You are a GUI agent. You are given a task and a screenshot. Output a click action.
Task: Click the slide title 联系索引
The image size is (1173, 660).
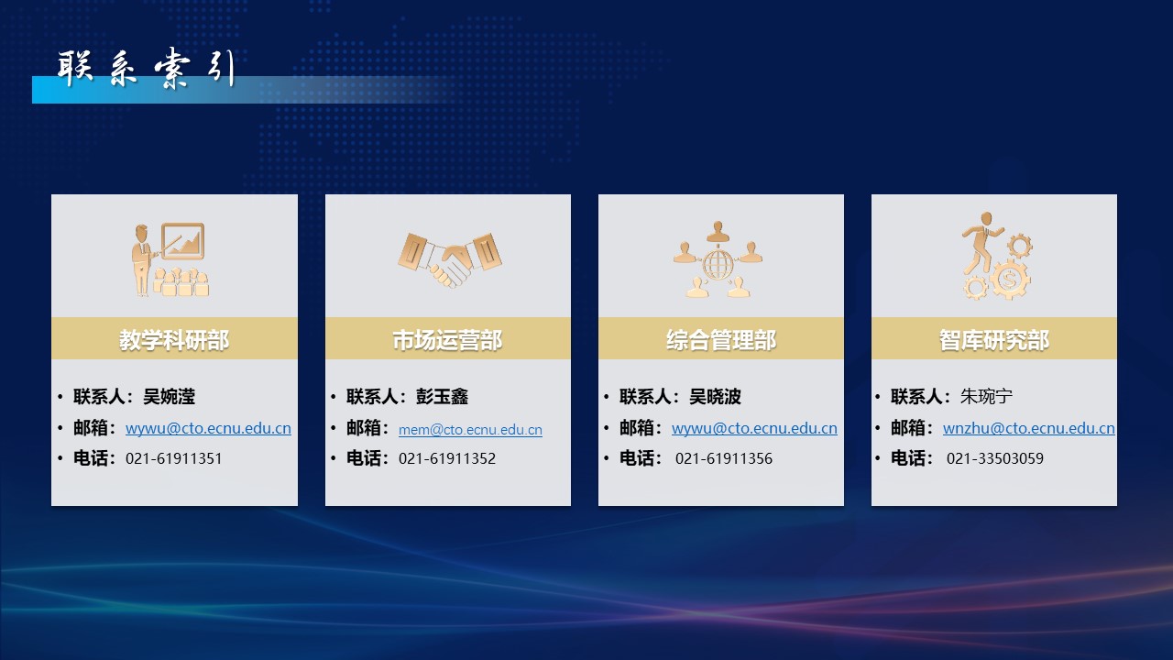tap(146, 68)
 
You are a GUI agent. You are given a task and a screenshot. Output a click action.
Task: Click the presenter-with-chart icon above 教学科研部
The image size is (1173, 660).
tap(170, 259)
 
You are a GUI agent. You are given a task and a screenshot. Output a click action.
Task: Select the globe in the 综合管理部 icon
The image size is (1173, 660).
tap(718, 265)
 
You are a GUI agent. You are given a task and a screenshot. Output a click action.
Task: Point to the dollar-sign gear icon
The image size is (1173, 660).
tap(1009, 280)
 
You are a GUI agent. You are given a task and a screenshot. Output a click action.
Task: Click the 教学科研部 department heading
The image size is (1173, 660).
tap(174, 340)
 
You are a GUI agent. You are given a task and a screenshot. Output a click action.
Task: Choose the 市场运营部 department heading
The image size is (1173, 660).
tap(448, 340)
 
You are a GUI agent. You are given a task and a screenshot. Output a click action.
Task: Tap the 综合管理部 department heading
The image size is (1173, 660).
tap(721, 340)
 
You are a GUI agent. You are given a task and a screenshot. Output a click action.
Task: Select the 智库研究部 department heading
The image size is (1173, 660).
tap(994, 340)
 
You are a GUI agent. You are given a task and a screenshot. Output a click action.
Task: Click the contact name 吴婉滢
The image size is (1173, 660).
tap(170, 397)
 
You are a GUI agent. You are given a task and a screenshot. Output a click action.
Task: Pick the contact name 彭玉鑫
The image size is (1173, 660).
tap(442, 397)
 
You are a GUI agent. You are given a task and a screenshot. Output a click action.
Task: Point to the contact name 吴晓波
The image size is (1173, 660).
tap(716, 397)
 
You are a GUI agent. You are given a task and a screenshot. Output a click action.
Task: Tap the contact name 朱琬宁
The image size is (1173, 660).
tap(987, 397)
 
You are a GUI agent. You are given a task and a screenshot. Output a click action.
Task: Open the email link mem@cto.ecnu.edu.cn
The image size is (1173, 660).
tap(470, 430)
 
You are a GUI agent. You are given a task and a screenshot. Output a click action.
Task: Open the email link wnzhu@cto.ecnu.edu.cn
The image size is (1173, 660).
tap(1029, 428)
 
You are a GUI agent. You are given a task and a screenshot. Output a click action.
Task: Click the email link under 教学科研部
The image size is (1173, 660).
tap(208, 428)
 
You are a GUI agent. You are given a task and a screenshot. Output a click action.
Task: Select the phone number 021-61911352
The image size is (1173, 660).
tap(447, 459)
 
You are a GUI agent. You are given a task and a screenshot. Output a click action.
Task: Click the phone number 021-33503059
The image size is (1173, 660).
tap(995, 459)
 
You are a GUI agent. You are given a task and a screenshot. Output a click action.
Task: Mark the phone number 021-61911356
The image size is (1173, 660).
tap(724, 459)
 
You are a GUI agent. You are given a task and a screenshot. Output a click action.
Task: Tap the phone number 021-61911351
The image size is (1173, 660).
tap(174, 459)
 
